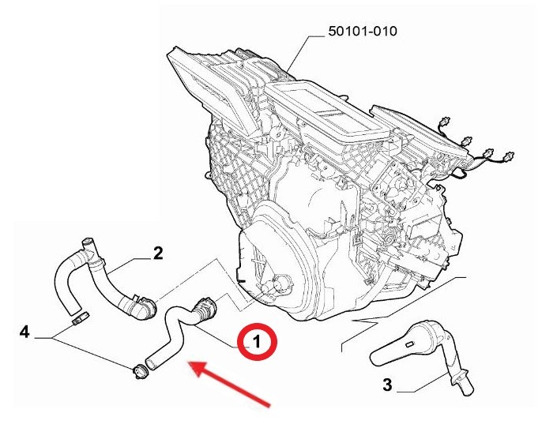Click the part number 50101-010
point(363,31)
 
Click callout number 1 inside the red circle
point(257,342)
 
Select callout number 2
point(158,253)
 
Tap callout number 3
point(387,384)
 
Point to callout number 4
point(24,332)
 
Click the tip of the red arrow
point(188,362)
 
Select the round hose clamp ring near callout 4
point(141,372)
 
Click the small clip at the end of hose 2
point(81,317)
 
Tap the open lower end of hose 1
point(151,364)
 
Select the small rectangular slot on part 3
point(410,344)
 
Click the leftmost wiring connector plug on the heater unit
point(445,122)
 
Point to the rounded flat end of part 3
point(378,359)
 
